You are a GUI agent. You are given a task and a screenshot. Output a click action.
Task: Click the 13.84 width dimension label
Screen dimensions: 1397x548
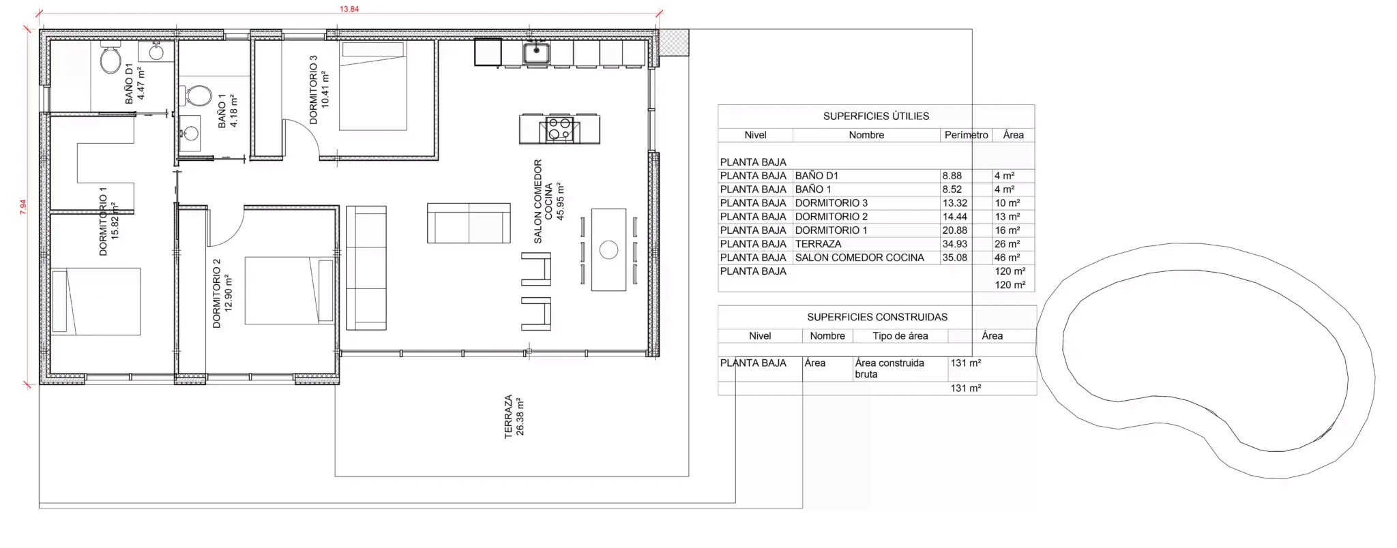pos(349,9)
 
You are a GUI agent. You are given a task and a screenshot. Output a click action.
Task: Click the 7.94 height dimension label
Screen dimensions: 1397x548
pos(23,207)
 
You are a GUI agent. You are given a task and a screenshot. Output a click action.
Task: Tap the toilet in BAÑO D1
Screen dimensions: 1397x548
pos(111,58)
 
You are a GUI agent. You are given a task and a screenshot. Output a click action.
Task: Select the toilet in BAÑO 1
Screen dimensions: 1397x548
pos(198,95)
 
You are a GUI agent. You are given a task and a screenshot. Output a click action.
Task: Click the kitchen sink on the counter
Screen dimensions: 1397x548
pos(537,52)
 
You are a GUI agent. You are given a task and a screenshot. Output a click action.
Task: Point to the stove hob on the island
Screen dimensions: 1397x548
pos(559,130)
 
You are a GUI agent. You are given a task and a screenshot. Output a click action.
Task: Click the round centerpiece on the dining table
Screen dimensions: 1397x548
pos(608,250)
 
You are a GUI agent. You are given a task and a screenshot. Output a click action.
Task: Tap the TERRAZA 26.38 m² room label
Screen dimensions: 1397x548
pos(514,416)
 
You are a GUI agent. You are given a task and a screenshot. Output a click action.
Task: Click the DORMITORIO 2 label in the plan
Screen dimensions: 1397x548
pos(217,293)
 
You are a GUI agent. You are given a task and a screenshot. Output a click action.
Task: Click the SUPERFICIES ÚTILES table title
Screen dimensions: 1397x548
pos(876,116)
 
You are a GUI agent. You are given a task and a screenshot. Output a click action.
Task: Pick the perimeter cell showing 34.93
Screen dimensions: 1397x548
pos(955,244)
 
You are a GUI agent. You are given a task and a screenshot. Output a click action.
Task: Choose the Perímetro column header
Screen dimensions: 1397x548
pos(966,135)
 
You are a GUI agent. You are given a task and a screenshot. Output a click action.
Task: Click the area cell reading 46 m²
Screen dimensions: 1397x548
pos(1007,258)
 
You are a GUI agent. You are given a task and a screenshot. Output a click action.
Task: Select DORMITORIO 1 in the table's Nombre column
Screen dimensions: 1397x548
pos(832,230)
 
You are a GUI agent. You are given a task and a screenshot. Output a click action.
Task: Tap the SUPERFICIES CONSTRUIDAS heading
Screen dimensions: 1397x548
pos(877,317)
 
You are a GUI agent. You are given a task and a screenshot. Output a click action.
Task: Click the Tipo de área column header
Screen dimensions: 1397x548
pos(900,336)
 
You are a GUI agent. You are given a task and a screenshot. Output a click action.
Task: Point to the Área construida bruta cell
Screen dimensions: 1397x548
pos(889,368)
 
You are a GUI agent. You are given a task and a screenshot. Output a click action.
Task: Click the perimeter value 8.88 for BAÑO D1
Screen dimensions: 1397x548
pos(952,176)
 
